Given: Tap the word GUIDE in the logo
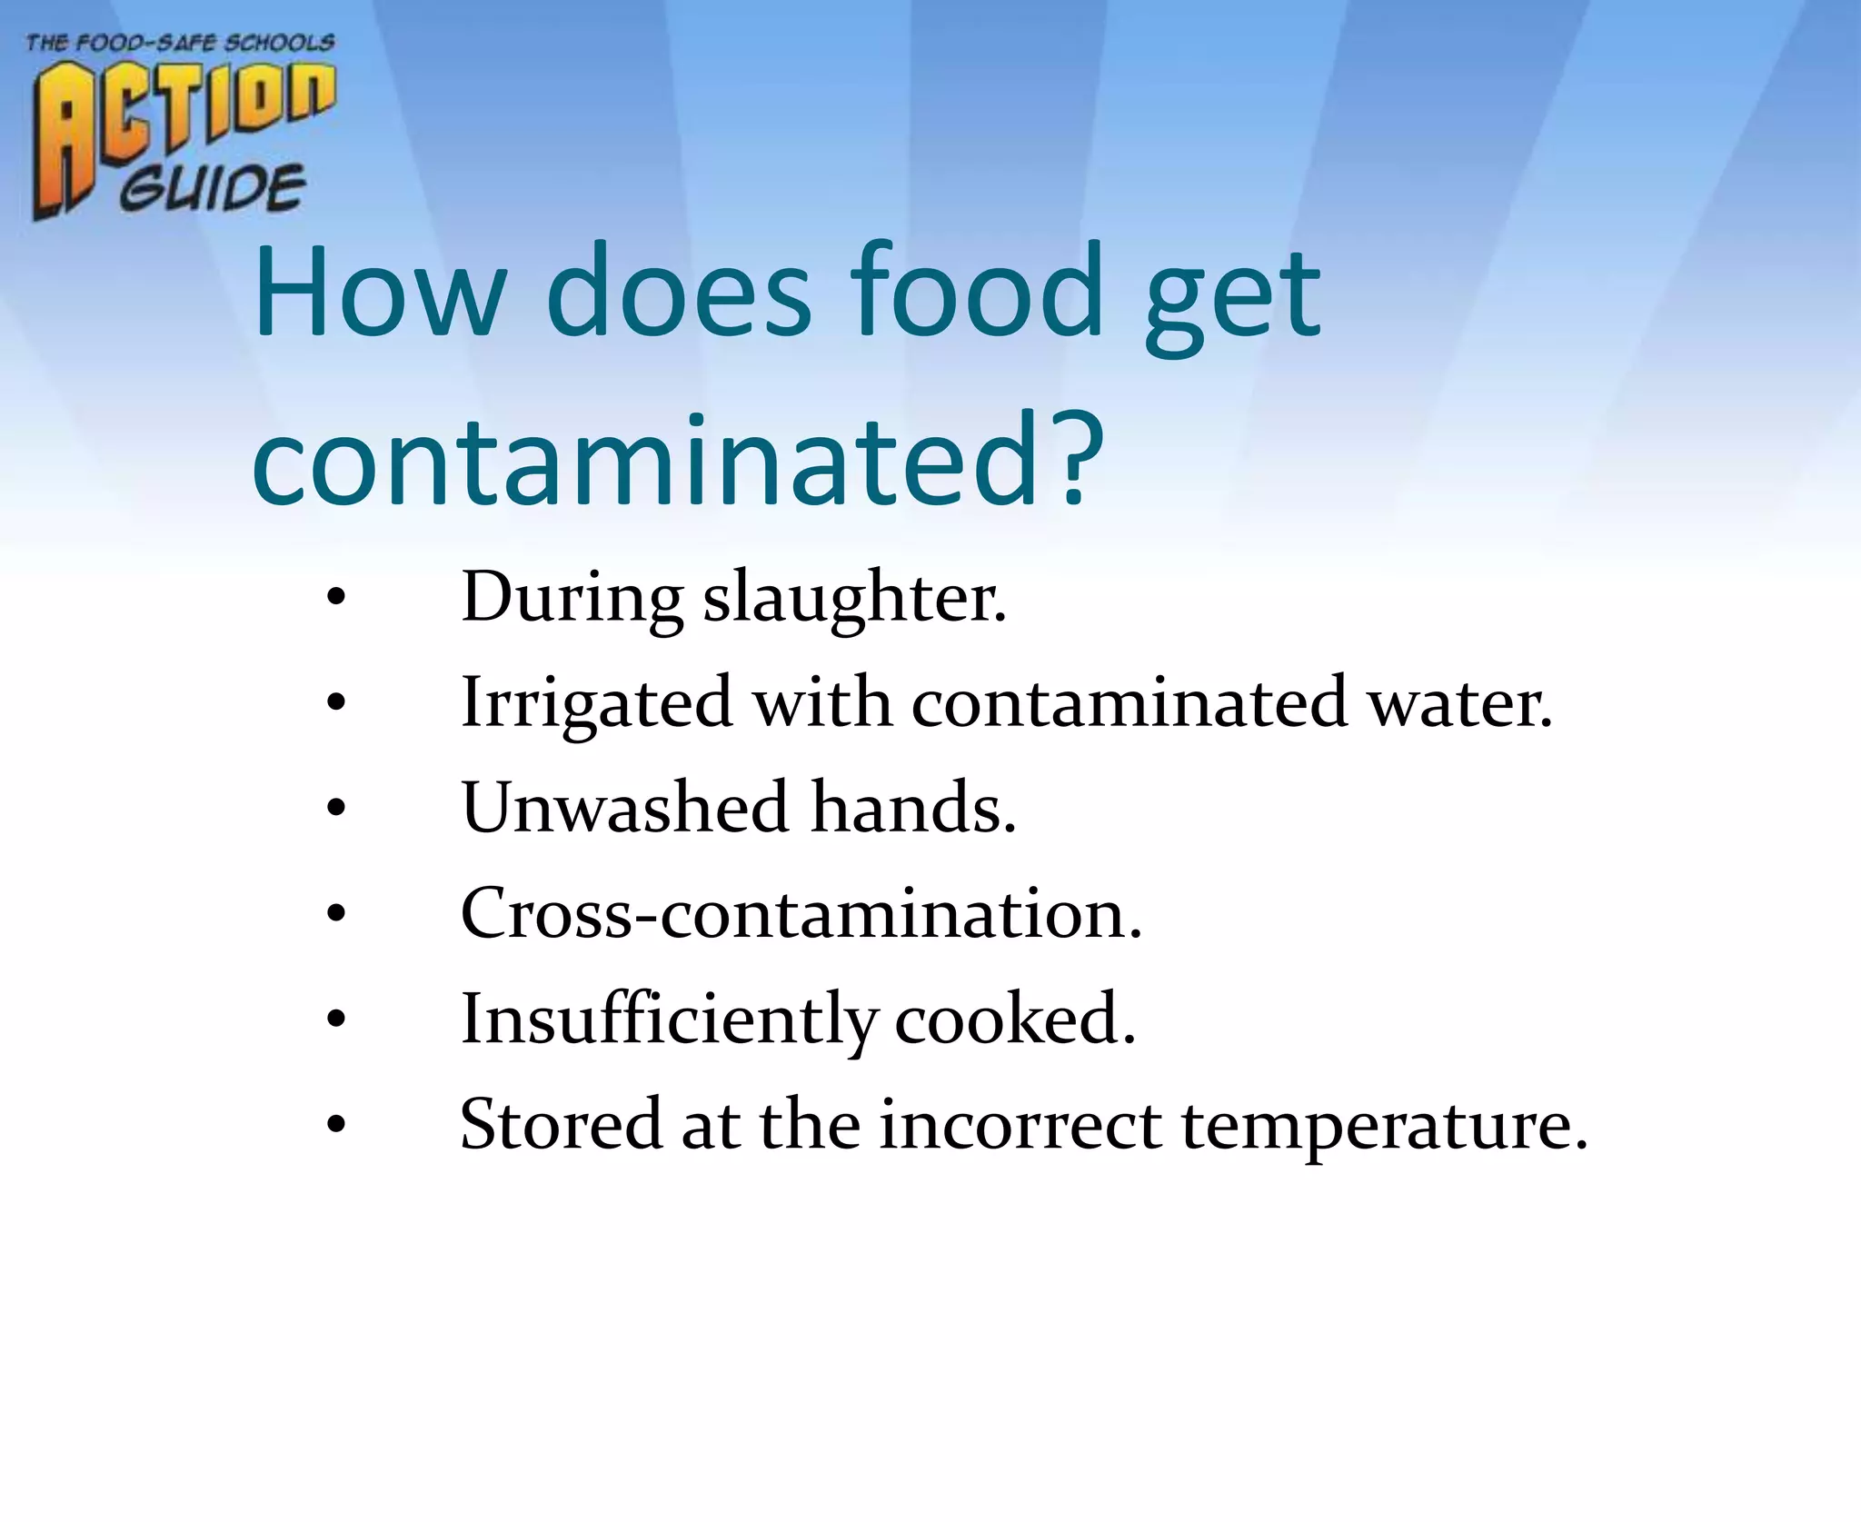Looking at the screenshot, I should [214, 189].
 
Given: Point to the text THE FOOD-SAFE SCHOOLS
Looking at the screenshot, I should [180, 43].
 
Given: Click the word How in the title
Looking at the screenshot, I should [378, 293].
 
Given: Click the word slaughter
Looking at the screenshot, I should [854, 600].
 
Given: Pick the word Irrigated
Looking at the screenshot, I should [596, 704].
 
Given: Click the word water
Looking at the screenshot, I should [1459, 704].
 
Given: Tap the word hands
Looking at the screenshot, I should [912, 808].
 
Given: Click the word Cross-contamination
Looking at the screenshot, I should [801, 913].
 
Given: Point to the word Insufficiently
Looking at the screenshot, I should [669, 1020].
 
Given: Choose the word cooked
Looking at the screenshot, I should [1015, 1020].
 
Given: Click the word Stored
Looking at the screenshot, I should [561, 1125].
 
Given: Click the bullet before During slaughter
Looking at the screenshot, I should [336, 600].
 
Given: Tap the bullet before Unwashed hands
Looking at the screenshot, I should [336, 809].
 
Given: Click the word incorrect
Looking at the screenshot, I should [1020, 1125].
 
